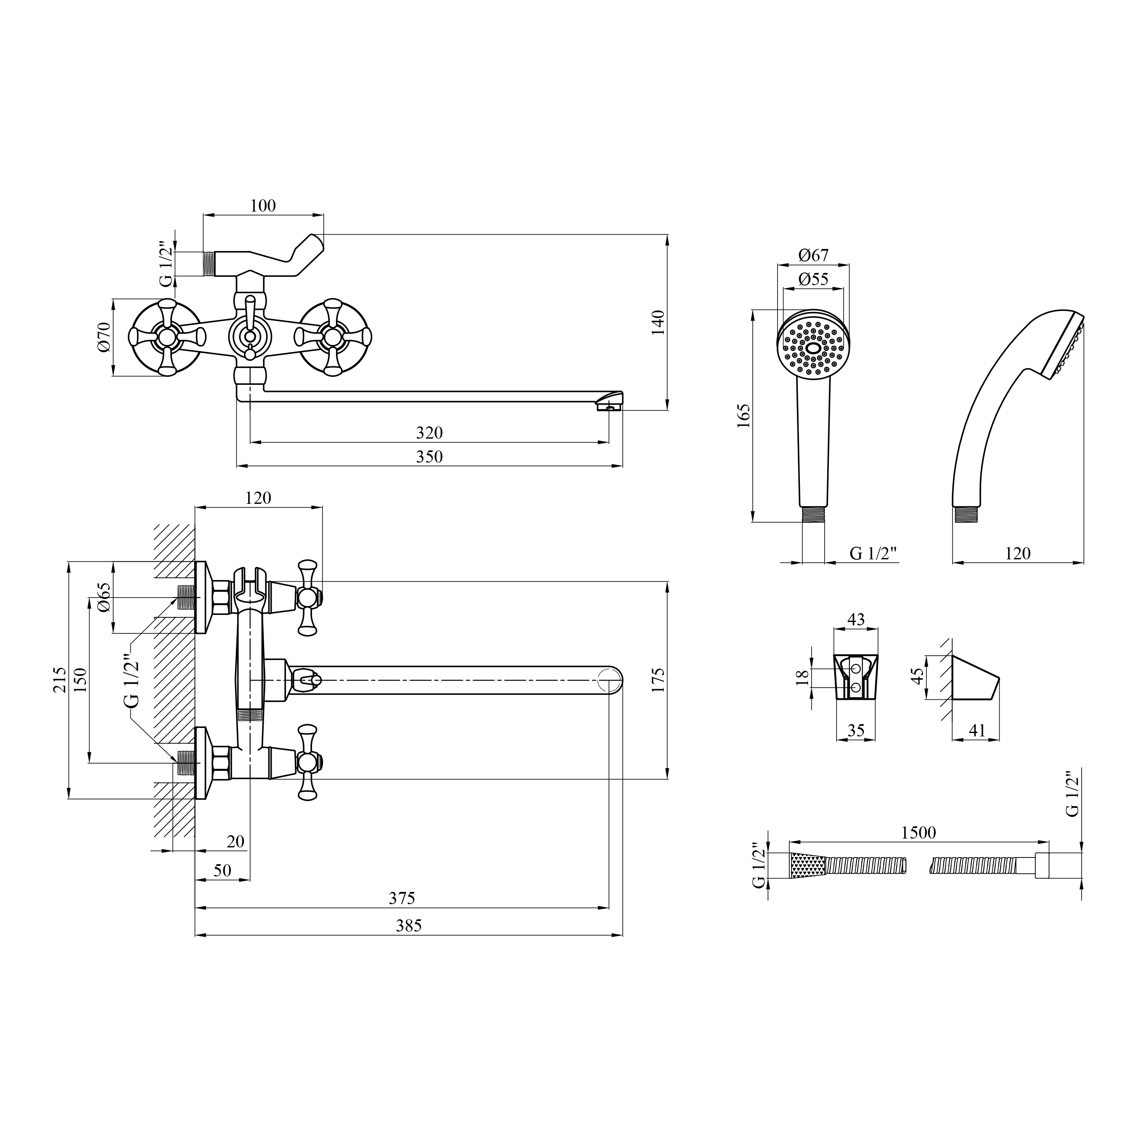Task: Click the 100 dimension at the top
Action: (262, 206)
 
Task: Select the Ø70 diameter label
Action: (103, 337)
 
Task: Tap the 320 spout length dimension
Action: (429, 433)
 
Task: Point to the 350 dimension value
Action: (429, 456)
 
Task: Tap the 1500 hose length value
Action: (918, 832)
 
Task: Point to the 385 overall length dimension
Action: (408, 925)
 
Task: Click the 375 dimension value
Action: (402, 898)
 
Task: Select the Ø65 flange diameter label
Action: (103, 597)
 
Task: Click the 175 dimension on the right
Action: (658, 680)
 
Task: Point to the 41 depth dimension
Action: (977, 730)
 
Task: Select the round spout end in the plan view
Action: (609, 680)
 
